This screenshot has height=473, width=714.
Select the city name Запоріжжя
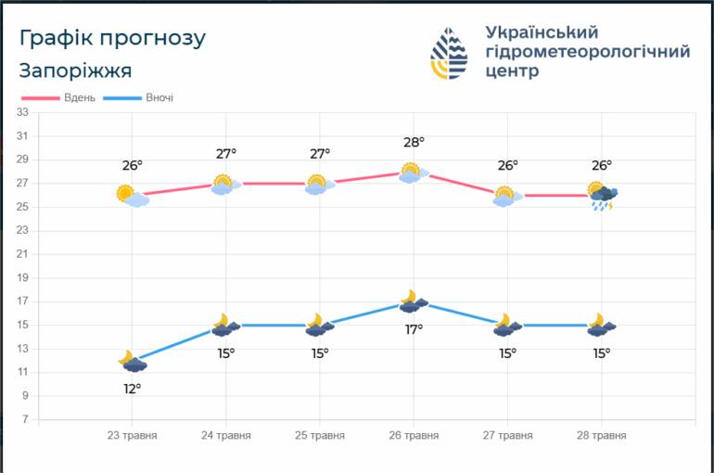coord(76,71)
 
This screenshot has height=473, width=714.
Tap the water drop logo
coord(449,53)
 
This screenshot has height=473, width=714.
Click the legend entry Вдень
coord(58,98)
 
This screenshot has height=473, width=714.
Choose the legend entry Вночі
coord(138,98)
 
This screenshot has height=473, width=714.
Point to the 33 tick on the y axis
coord(22,112)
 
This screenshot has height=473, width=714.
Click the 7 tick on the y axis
coord(26,419)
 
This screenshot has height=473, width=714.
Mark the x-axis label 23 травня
coord(132,436)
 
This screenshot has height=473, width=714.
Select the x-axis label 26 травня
coord(414,436)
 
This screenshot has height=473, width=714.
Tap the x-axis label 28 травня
coord(602,436)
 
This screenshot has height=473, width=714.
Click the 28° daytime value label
coord(414,143)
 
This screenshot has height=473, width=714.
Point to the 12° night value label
coord(132,389)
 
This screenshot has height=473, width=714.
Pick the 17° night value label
coord(414,329)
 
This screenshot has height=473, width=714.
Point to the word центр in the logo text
coord(512,71)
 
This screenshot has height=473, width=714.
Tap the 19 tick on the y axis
coord(22,277)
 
